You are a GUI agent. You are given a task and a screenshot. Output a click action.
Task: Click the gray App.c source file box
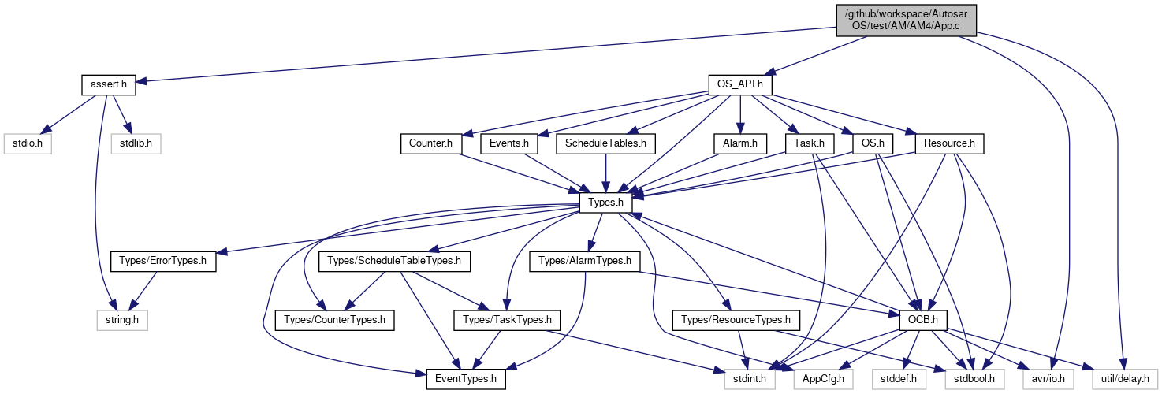[906, 20]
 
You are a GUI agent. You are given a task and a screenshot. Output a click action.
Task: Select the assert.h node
[109, 84]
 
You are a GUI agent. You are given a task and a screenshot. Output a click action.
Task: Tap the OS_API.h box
[740, 84]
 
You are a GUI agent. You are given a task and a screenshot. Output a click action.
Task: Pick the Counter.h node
[430, 143]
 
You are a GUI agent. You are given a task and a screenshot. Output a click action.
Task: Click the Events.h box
[509, 143]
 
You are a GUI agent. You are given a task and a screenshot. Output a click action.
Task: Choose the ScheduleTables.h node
[606, 143]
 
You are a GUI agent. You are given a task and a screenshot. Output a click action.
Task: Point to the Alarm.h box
[740, 143]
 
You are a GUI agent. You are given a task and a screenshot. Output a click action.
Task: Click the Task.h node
[810, 143]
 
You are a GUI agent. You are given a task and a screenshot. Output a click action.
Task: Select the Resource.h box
[949, 143]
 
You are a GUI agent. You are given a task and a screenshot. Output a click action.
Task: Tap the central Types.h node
[606, 203]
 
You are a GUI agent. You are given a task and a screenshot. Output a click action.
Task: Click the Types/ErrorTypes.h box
[163, 262]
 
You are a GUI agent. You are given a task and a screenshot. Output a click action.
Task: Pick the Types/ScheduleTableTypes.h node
[394, 262]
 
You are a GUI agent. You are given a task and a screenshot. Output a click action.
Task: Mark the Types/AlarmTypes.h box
[585, 262]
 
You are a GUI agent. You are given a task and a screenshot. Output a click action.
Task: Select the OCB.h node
[923, 321]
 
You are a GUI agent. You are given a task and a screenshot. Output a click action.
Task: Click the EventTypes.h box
[466, 380]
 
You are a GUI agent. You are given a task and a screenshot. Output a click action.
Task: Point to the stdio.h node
[28, 143]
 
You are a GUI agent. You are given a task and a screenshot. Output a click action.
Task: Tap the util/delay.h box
[1125, 380]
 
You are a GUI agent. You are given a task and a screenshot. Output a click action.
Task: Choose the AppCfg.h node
[823, 380]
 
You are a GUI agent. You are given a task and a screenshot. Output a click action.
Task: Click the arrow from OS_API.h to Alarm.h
[740, 114]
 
